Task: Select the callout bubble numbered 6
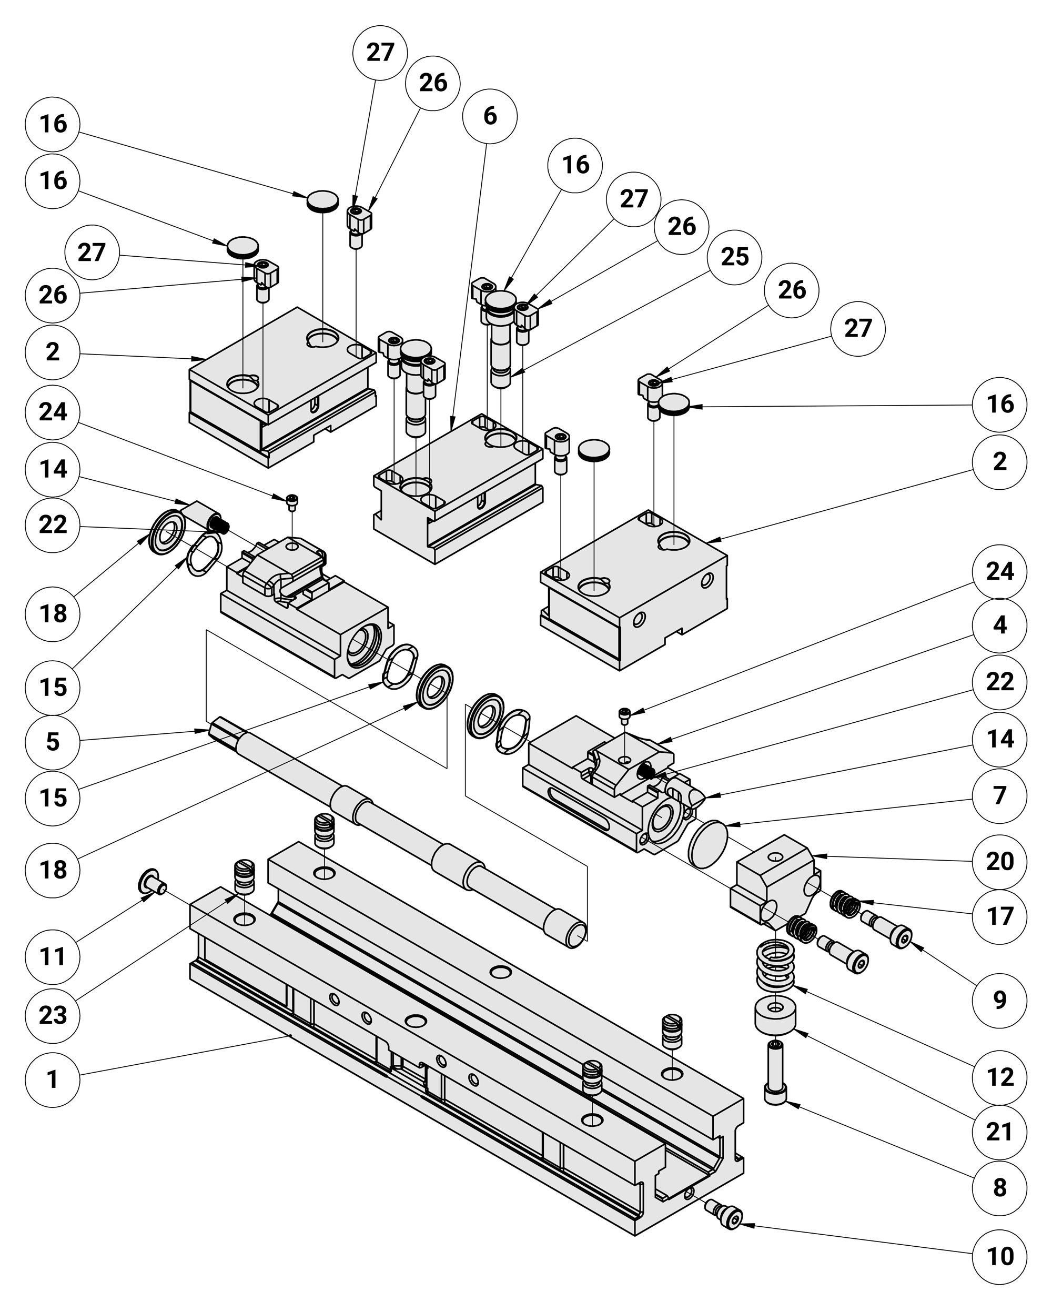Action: point(490,116)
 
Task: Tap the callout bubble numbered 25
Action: point(734,257)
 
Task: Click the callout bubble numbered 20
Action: point(999,861)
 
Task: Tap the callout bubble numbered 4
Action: point(999,625)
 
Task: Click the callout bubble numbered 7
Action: point(999,795)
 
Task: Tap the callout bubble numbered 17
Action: point(999,916)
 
